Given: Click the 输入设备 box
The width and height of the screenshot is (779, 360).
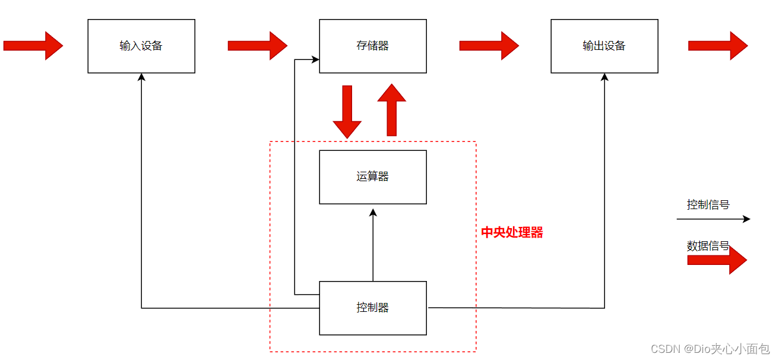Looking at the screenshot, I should pos(141,46).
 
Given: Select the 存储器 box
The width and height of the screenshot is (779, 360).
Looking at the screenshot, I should pos(373,46).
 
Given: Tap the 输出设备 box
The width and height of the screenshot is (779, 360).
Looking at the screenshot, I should pos(604,46).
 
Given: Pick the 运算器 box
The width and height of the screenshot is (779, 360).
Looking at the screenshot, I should pos(373,177).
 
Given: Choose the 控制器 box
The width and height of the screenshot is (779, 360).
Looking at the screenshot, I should pos(373,308).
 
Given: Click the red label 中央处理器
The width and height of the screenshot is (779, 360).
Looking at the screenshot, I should pos(512,233).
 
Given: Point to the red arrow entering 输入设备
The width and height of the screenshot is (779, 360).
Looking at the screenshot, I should pos(33,46).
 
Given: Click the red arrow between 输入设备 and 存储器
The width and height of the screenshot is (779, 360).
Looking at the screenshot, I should pos(257,46).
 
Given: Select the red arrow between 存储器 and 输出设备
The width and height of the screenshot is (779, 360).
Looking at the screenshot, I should pos(489,46).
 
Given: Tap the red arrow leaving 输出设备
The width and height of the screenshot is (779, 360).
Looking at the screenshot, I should pos(717,46).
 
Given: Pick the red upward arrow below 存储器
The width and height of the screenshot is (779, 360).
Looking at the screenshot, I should pos(392,110).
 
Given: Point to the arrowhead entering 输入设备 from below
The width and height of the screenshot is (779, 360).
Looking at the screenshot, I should pos(141,77).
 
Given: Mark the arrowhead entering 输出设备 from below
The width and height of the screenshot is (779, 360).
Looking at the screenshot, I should pos(604,77).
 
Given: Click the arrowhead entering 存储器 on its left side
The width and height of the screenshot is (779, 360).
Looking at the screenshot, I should pos(315,59).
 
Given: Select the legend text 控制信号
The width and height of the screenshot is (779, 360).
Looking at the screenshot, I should pos(708,205).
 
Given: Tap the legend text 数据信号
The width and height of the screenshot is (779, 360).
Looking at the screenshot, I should pos(708,246).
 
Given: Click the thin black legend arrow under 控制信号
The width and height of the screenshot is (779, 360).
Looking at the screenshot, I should pos(713,219).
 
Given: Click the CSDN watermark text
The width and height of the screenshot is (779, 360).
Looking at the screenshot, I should pos(710,349).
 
